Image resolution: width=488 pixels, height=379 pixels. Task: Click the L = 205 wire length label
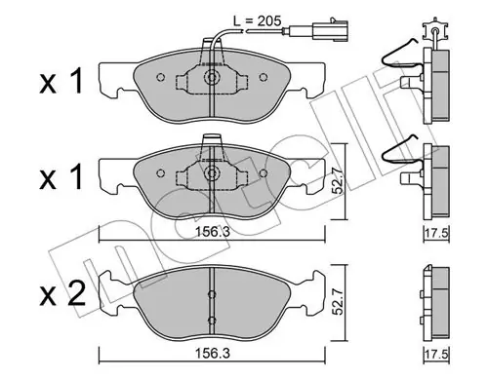(x=257, y=21)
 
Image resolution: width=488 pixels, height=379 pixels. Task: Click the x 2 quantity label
(x=62, y=293)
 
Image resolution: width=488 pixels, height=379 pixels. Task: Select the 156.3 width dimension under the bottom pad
(x=212, y=354)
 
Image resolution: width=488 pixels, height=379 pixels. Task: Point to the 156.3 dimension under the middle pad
(x=212, y=232)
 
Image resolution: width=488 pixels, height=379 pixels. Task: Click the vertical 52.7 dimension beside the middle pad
(x=339, y=181)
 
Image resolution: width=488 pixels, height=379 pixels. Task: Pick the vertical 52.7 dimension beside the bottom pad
(x=339, y=302)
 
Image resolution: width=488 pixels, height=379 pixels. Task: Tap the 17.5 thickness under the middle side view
(x=437, y=233)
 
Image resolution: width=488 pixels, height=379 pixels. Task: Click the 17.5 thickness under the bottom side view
(x=437, y=354)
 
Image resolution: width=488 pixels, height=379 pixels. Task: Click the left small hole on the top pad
(x=160, y=77)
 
